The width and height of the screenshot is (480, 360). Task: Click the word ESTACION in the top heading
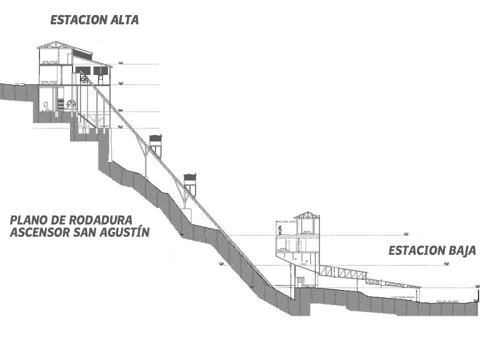(x=78, y=20)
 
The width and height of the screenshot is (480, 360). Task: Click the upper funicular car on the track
(x=156, y=145)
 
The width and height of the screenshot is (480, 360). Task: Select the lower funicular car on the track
(x=190, y=183)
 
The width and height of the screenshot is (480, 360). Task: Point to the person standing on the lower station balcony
(x=281, y=230)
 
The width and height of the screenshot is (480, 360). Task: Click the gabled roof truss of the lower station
(x=307, y=216)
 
